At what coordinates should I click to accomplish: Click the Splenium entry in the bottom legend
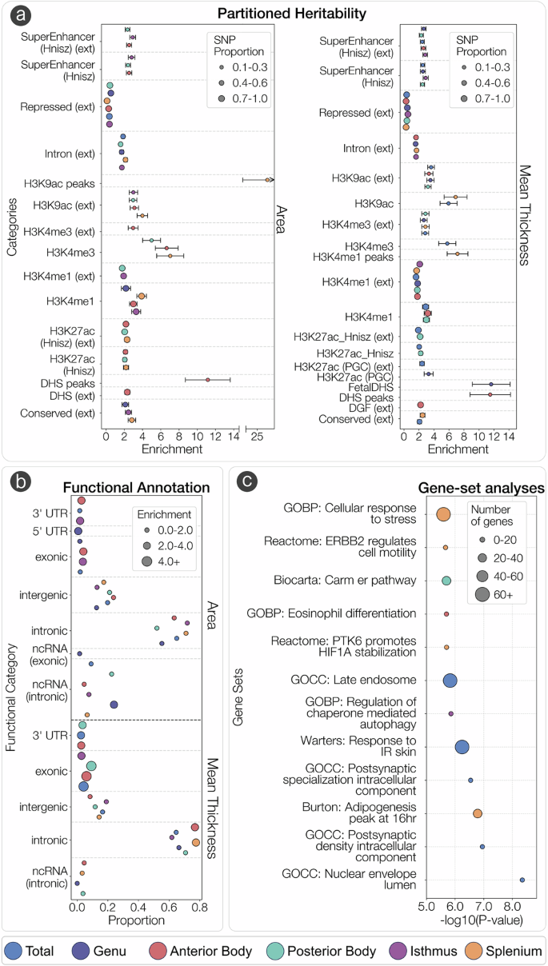pos(505,951)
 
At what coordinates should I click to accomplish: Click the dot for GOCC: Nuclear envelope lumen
pos(522,880)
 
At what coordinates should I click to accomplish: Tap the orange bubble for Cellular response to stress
pos(443,515)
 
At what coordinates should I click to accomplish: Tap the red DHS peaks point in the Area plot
pos(207,380)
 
